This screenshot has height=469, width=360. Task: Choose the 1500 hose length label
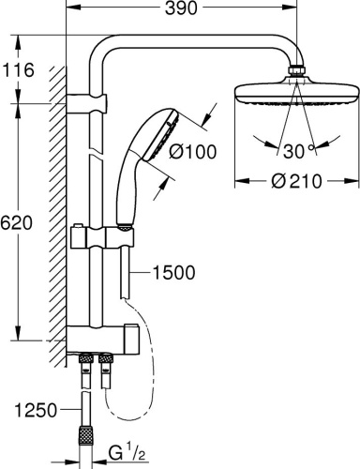172,273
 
